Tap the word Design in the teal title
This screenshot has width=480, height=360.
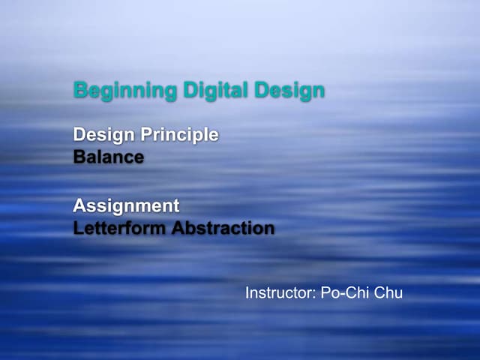(289, 91)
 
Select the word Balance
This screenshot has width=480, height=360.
(109, 158)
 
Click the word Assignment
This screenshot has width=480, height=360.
(126, 205)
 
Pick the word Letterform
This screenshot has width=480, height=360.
(119, 228)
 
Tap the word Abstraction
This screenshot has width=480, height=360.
(223, 228)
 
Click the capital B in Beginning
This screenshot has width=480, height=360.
(79, 91)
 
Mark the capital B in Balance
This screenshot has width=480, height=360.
(79, 158)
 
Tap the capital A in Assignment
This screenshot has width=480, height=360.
(79, 205)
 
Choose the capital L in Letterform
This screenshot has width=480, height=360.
(78, 228)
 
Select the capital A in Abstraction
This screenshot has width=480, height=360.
(178, 228)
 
